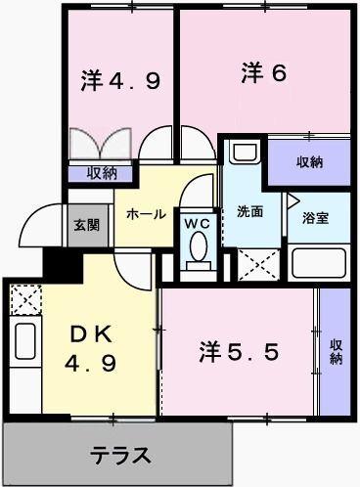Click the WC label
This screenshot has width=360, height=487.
(x=199, y=223)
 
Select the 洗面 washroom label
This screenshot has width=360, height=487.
(x=249, y=212)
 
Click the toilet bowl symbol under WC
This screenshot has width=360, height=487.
(x=199, y=251)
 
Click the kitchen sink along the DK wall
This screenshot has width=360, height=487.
(x=24, y=343)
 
